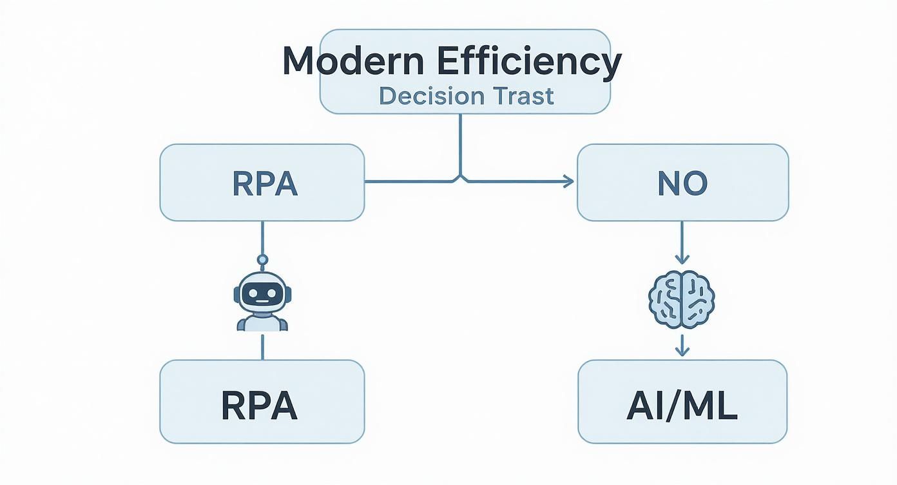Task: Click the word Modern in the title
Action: pyautogui.click(x=353, y=62)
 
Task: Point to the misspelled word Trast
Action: pyautogui.click(x=523, y=95)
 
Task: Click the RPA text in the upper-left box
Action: pyautogui.click(x=264, y=184)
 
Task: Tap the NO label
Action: pyautogui.click(x=682, y=184)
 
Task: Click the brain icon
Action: pyautogui.click(x=681, y=299)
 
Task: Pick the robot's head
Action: pyautogui.click(x=262, y=293)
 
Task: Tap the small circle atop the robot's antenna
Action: pyautogui.click(x=262, y=260)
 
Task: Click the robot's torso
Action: pyautogui.click(x=262, y=322)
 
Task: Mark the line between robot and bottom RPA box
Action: pyautogui.click(x=262, y=346)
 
